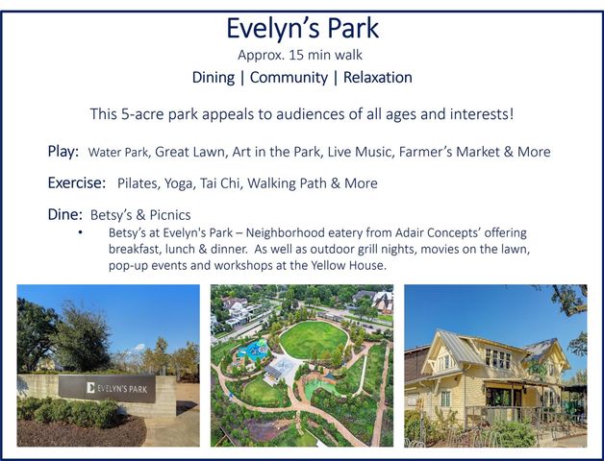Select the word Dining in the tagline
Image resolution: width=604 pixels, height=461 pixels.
click(x=214, y=78)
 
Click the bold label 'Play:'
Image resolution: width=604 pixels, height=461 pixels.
click(x=63, y=152)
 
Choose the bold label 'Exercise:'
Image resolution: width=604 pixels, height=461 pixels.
click(x=76, y=182)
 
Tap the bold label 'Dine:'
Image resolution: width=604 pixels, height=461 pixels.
click(x=65, y=215)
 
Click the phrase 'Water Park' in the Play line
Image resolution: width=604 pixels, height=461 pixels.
click(x=117, y=153)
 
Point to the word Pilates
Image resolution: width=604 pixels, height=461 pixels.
click(x=140, y=183)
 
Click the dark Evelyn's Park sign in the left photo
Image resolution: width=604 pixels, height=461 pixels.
click(x=107, y=388)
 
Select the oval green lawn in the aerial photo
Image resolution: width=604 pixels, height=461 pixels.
click(x=314, y=338)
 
